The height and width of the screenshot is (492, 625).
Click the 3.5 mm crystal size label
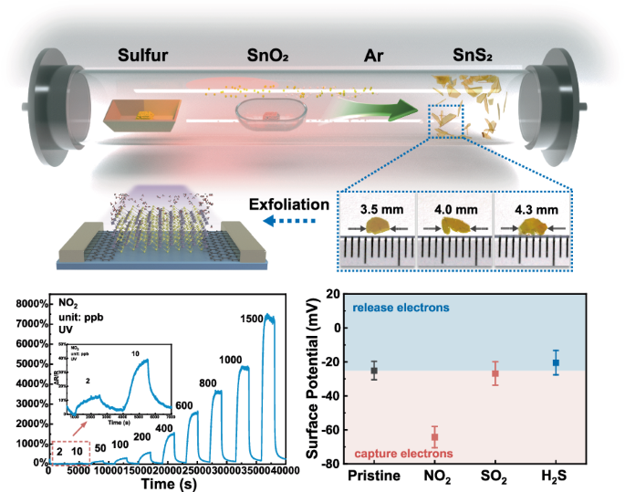tap(376, 209)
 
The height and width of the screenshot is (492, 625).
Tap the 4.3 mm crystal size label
tap(531, 209)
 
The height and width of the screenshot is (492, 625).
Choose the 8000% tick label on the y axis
tap(27, 304)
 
